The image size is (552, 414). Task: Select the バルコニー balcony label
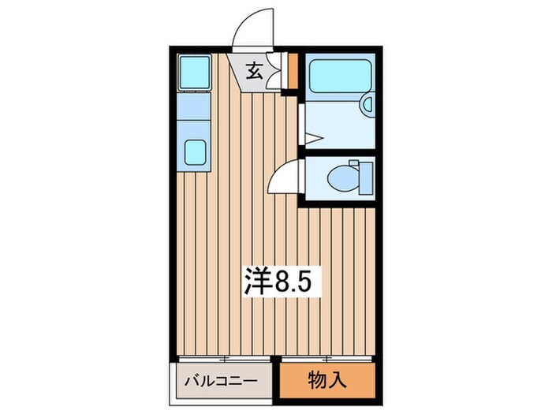tap(221, 382)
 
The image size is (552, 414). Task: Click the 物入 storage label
tap(326, 380)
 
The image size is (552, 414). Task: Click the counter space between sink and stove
tap(193, 114)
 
